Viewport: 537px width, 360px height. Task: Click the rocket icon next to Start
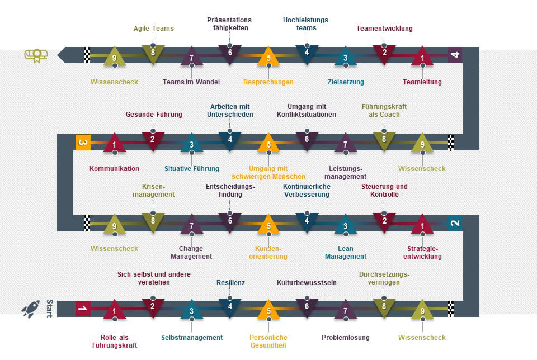click(30, 309)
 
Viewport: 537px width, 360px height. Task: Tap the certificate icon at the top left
click(36, 55)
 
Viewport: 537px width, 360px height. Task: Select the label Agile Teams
click(153, 29)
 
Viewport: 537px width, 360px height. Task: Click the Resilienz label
click(230, 283)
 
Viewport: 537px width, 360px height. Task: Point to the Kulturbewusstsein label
click(307, 283)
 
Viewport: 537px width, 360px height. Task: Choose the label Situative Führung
click(192, 169)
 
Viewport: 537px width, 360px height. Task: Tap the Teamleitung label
click(422, 82)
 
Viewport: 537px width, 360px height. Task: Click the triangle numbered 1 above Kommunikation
click(115, 144)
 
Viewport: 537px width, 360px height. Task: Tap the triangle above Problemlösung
click(346, 310)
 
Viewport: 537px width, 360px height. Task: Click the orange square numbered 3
click(83, 143)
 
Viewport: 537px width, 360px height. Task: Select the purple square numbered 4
click(455, 55)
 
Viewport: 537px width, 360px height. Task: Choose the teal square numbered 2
click(455, 222)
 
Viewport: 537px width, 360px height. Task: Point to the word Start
click(49, 308)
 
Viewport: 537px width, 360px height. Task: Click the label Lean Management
click(345, 253)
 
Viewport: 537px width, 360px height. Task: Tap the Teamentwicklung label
click(384, 29)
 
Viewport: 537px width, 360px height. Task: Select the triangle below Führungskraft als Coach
click(384, 140)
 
